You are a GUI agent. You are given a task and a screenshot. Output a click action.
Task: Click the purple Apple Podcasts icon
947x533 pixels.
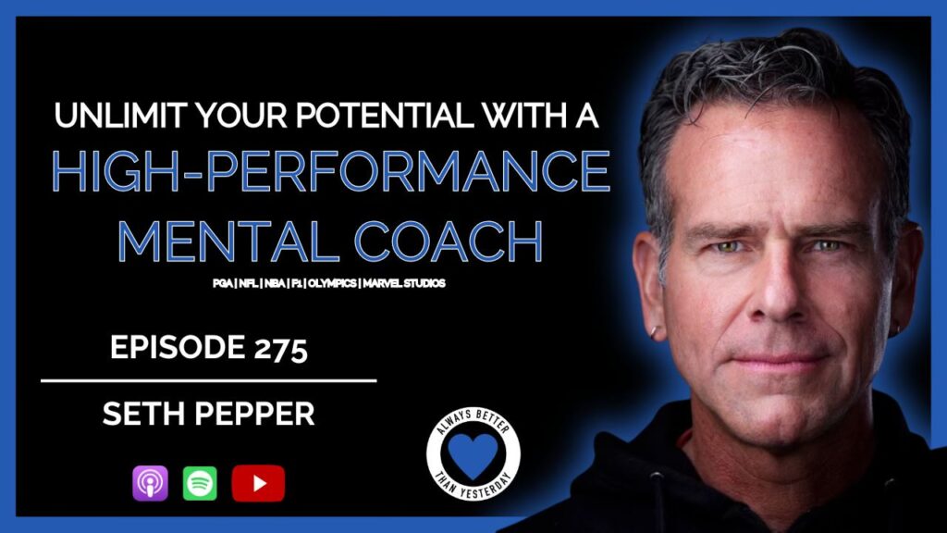151,483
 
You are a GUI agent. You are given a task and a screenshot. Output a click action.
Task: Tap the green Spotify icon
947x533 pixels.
200,483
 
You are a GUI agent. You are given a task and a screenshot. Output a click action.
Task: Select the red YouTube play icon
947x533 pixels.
259,483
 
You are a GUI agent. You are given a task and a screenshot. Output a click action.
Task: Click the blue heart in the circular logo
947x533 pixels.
473,454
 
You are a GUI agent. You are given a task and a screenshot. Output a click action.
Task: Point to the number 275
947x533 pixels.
281,349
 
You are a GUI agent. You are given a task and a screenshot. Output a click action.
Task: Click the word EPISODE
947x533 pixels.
177,348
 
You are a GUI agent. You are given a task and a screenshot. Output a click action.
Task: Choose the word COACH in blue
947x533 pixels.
449,241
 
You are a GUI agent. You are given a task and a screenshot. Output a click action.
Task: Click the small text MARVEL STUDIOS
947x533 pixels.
404,283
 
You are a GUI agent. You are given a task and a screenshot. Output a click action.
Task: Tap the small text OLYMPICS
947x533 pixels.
332,283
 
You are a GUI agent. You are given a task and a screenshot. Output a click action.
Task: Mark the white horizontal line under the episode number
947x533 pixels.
209,380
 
